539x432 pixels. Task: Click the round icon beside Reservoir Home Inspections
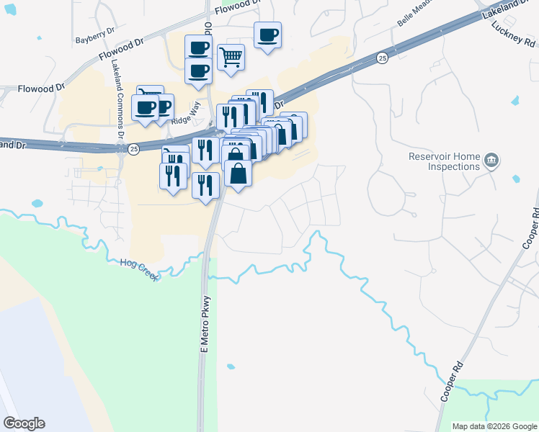[491, 160]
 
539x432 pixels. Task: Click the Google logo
[24, 423]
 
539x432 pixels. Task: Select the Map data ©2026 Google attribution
[494, 426]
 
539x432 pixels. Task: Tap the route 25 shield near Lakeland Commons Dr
[134, 149]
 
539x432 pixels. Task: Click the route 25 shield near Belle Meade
[382, 57]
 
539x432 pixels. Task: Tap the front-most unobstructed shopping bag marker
[239, 173]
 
